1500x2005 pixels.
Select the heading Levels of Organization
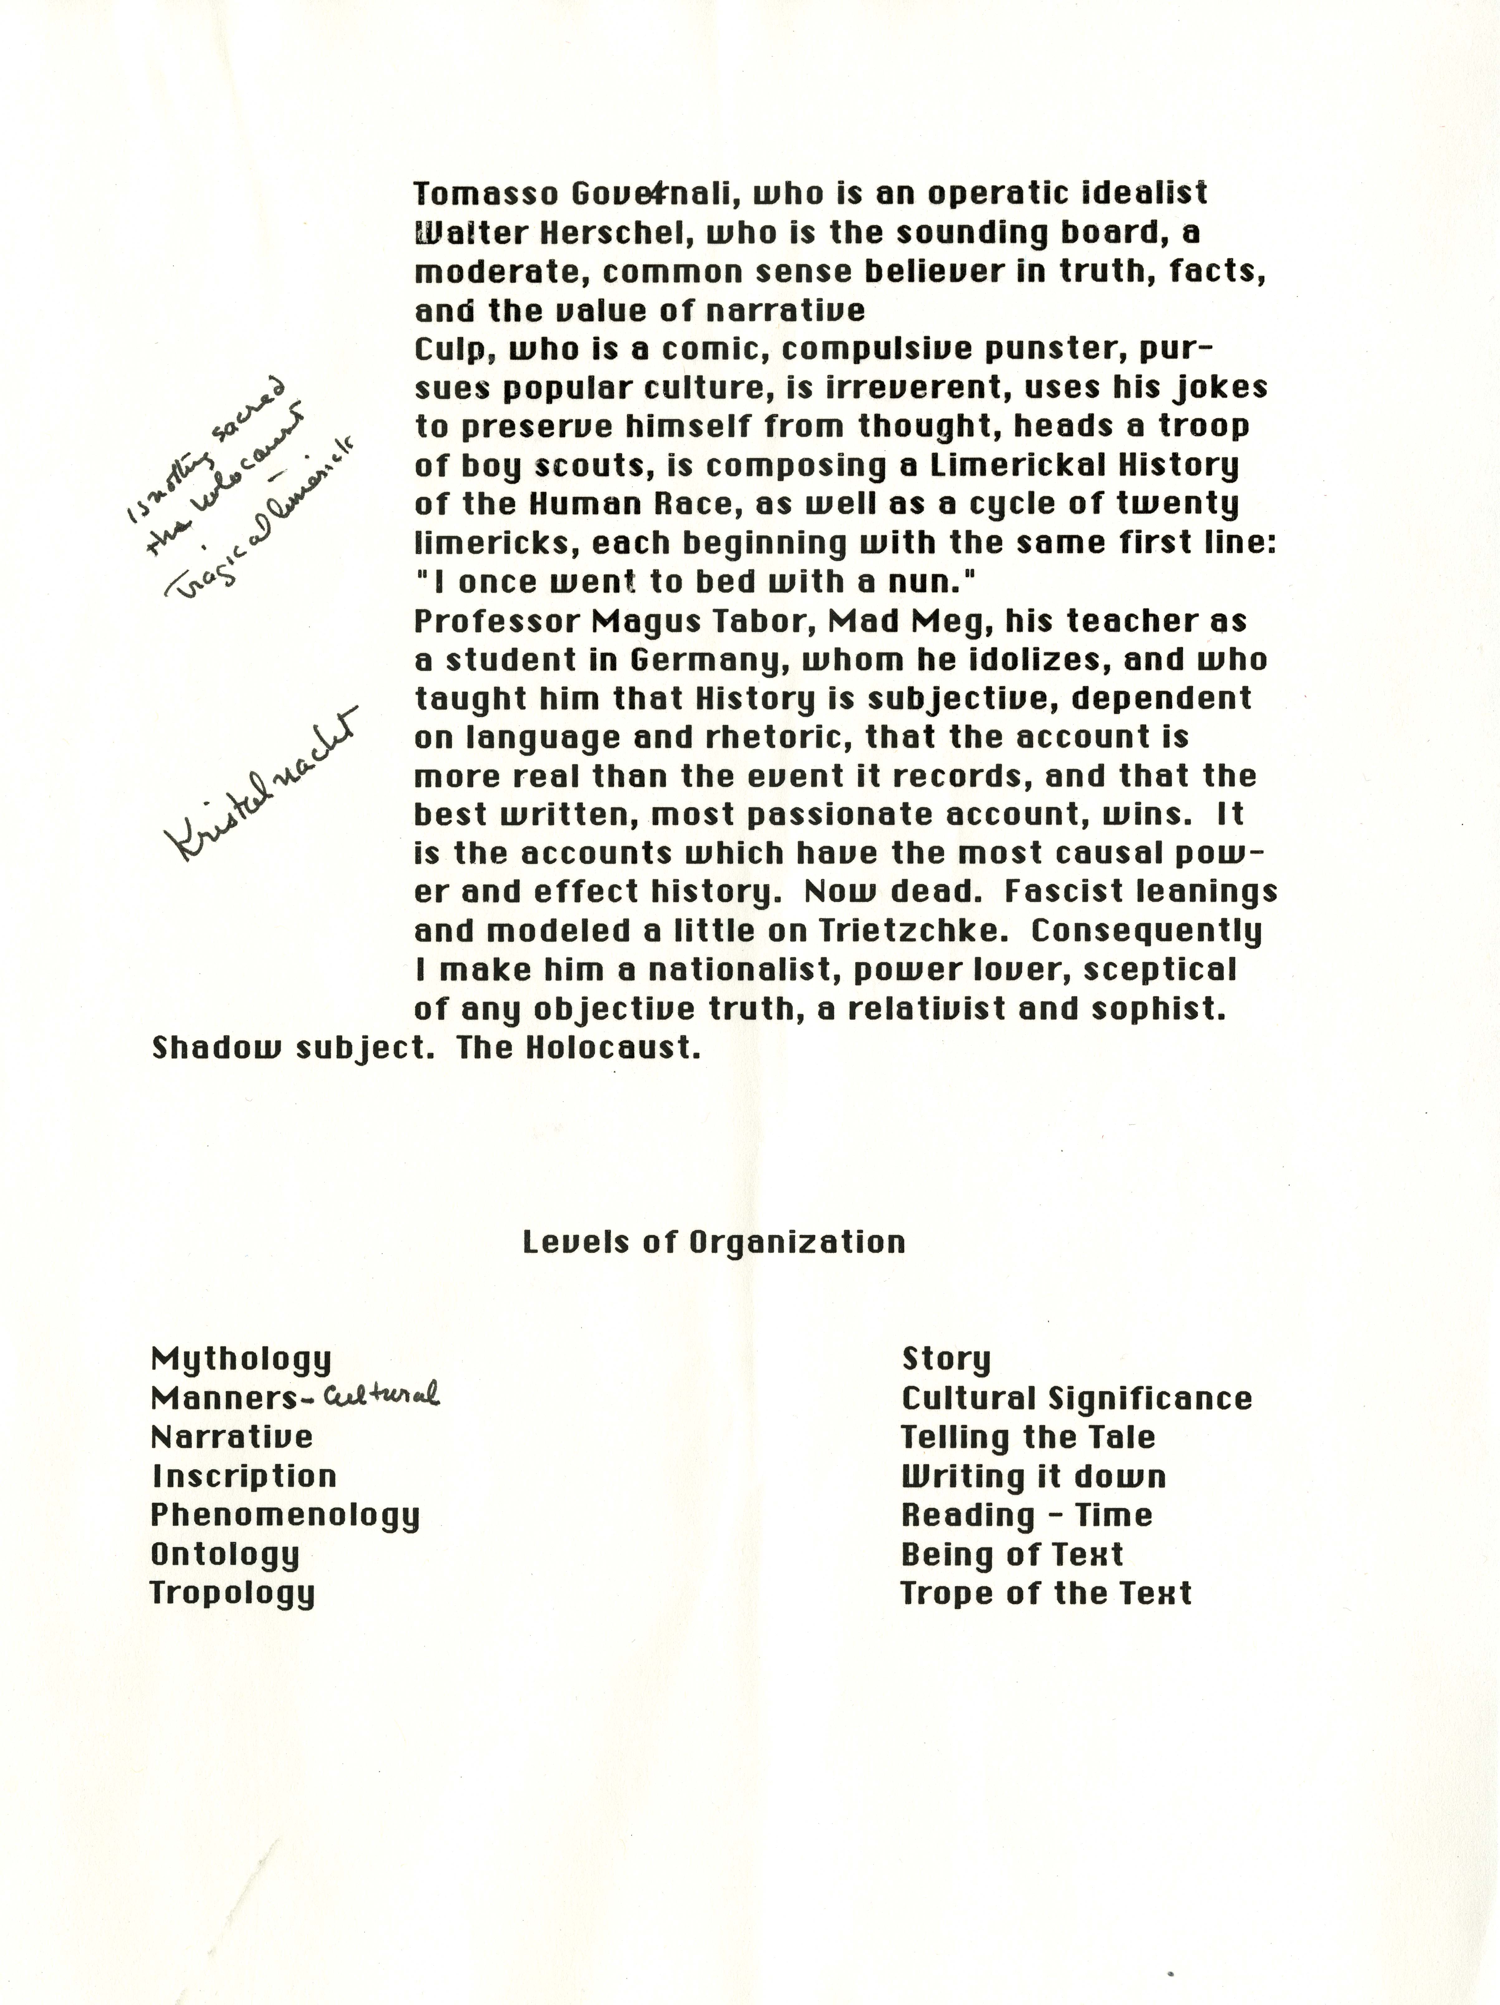[714, 1242]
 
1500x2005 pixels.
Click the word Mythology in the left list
[241, 1360]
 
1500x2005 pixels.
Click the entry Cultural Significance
[1077, 1399]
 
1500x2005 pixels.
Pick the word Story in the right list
[946, 1360]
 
